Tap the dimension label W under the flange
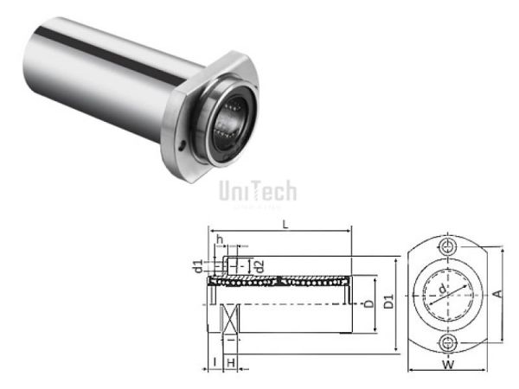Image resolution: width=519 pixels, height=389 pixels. (447, 365)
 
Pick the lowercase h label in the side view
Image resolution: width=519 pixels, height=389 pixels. (221, 240)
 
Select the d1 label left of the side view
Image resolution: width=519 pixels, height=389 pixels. (197, 264)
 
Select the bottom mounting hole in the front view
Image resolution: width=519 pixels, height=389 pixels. (447, 343)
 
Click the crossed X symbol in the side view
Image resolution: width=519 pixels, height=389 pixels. (229, 321)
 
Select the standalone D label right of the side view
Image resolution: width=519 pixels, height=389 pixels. (369, 304)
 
